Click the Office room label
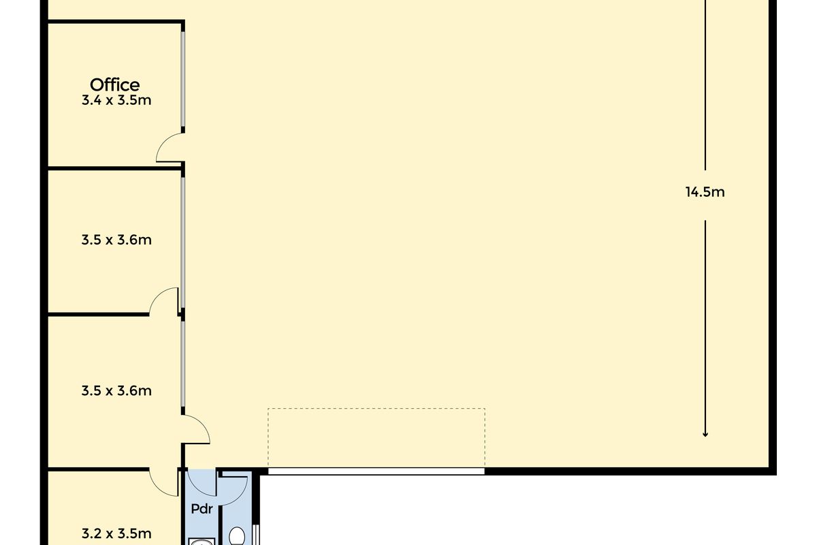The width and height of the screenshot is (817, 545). (114, 85)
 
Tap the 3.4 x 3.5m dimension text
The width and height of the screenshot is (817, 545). (116, 100)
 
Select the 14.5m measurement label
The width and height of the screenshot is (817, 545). (705, 192)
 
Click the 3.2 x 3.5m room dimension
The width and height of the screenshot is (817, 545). (116, 533)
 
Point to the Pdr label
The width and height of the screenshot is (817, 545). (202, 509)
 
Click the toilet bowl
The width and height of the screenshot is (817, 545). (237, 536)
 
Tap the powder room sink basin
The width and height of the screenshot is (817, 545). (202, 542)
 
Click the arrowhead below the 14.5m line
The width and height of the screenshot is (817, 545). (705, 435)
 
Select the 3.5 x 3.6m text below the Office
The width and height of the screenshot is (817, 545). (116, 240)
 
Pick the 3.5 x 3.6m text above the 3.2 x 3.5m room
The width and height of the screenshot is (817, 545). (116, 391)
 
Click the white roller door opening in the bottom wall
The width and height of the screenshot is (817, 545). (377, 471)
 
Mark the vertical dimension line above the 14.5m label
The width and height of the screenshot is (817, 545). (705, 85)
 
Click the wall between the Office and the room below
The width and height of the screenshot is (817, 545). (115, 168)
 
